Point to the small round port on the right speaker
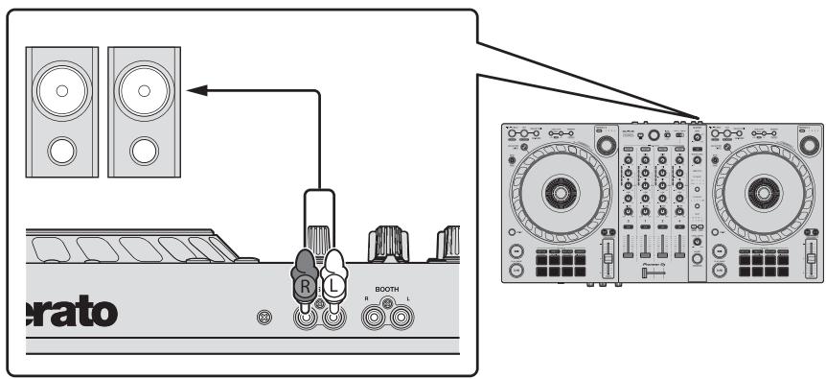[144, 151]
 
